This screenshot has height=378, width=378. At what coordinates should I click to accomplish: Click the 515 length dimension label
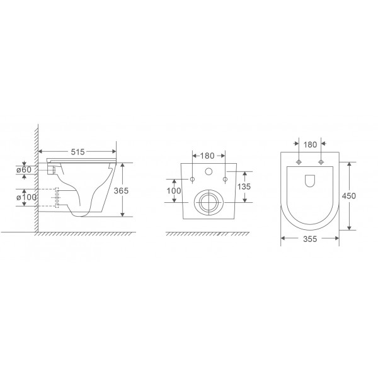click(x=77, y=152)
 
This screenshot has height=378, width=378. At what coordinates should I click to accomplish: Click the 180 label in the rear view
click(x=208, y=155)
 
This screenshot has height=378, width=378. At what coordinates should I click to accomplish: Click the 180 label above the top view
click(x=310, y=144)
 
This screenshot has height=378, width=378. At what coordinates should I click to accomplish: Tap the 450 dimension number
click(x=350, y=195)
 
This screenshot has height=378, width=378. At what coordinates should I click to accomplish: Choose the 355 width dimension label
click(x=309, y=239)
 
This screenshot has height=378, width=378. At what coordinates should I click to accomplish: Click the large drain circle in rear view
click(x=207, y=202)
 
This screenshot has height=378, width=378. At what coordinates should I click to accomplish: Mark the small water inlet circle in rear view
click(x=208, y=171)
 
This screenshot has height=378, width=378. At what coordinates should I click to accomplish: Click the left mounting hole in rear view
click(x=193, y=180)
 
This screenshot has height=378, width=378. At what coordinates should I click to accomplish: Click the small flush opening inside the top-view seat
click(x=310, y=181)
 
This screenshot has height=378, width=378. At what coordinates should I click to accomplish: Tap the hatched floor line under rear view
click(x=208, y=234)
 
